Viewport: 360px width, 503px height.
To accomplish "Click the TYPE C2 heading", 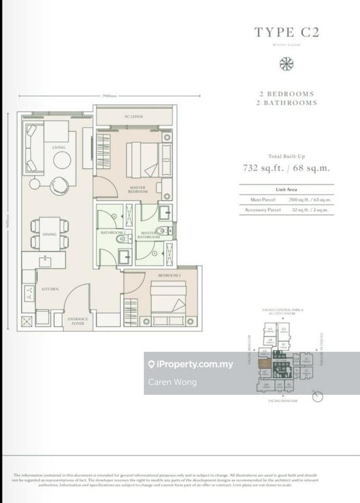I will tap(286, 31).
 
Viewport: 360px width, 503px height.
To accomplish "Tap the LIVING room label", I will tap(59, 148).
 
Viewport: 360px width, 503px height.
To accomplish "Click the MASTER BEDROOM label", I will tap(138, 190).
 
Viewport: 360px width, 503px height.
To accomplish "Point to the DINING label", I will tap(50, 235).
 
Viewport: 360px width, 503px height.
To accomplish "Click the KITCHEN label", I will tap(50, 289).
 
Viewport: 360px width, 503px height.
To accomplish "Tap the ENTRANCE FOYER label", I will tap(79, 322).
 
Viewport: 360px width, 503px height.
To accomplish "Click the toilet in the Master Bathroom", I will tap(160, 231).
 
